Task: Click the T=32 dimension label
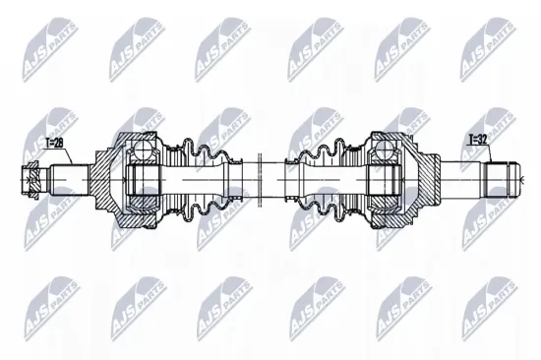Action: point(477,140)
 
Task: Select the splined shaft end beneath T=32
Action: point(503,181)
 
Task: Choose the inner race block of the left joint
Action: point(145,181)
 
